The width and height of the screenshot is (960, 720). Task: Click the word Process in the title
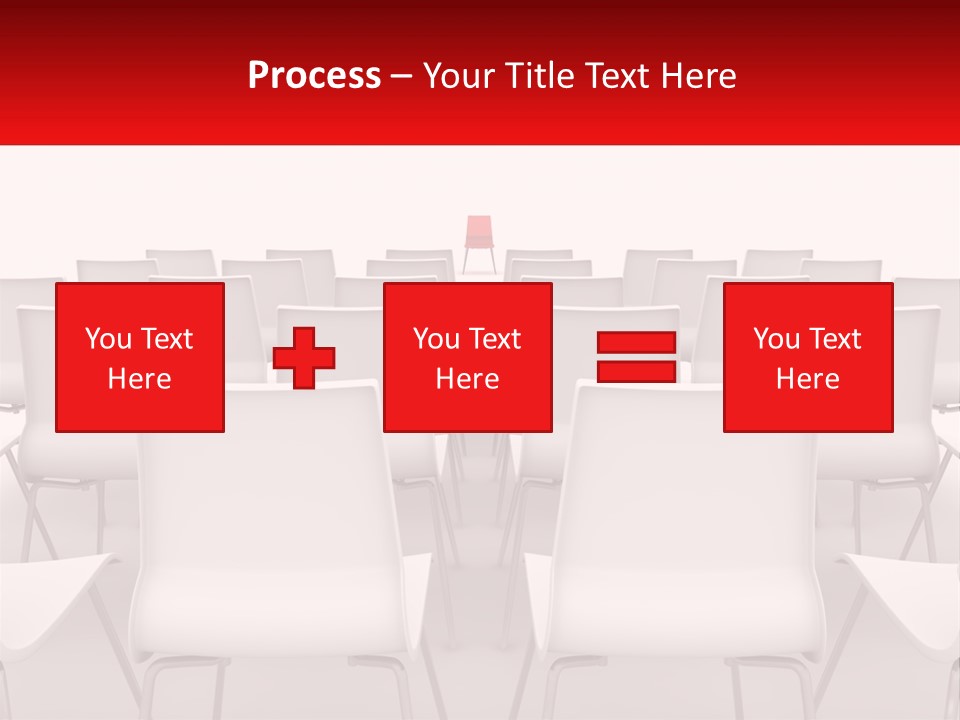[x=314, y=76]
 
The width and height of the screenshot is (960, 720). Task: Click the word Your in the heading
[x=461, y=76]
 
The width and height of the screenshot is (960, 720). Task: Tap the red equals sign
[x=636, y=357]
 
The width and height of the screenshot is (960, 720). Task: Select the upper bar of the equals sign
[x=636, y=343]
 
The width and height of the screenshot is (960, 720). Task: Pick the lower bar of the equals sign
[x=636, y=371]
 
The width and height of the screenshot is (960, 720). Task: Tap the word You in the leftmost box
[x=108, y=339]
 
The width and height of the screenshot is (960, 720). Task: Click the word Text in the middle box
[x=495, y=339]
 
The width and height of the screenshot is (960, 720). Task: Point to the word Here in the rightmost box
[x=808, y=379]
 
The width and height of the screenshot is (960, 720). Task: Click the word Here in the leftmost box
[x=140, y=379]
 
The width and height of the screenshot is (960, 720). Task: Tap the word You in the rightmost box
[x=776, y=339]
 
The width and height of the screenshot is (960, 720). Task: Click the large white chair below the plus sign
[x=280, y=530]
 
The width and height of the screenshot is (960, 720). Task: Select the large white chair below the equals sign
[x=680, y=530]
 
